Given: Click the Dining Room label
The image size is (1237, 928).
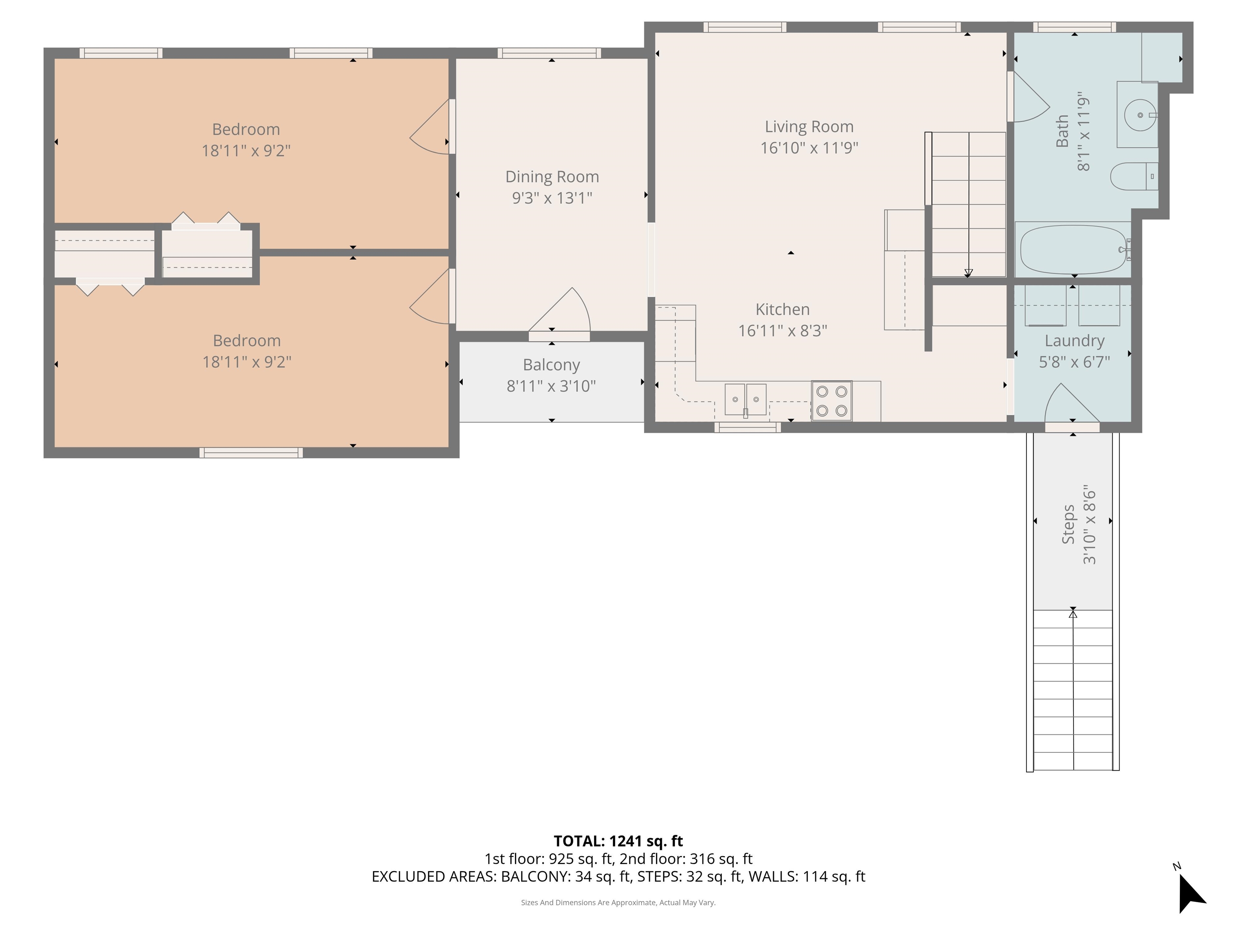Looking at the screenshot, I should (552, 177).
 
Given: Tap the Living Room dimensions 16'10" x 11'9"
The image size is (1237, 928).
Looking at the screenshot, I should (809, 148).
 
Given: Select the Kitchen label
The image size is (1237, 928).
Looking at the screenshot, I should (782, 309).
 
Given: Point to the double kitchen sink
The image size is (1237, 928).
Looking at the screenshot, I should (745, 400).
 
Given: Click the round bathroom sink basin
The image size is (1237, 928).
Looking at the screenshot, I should (1139, 115).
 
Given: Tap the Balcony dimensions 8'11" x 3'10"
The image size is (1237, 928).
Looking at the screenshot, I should (551, 386).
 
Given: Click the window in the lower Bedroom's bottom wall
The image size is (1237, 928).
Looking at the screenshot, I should (251, 453).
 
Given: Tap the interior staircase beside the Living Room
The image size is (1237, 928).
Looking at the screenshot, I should (968, 204).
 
